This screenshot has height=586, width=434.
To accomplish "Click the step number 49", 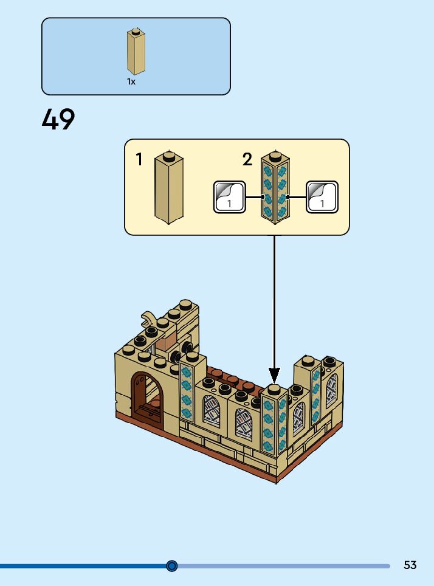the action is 58,120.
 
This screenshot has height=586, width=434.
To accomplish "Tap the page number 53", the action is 410,565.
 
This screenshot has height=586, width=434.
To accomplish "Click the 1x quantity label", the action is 131,81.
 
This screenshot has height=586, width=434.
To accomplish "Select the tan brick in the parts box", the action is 136,53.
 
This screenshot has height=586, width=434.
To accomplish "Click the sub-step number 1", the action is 139,160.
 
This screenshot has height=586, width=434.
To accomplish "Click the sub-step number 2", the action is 247,160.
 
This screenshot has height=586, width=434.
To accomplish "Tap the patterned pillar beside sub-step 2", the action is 274,188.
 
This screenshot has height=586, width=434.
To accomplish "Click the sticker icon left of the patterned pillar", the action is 229,197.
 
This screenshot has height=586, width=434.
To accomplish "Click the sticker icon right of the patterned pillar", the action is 322,197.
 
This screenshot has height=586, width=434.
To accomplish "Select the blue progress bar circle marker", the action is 172,566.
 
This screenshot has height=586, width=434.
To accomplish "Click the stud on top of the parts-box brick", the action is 136,29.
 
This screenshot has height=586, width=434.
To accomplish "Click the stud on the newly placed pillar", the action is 274,388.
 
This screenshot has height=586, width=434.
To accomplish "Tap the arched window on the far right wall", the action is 331,390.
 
